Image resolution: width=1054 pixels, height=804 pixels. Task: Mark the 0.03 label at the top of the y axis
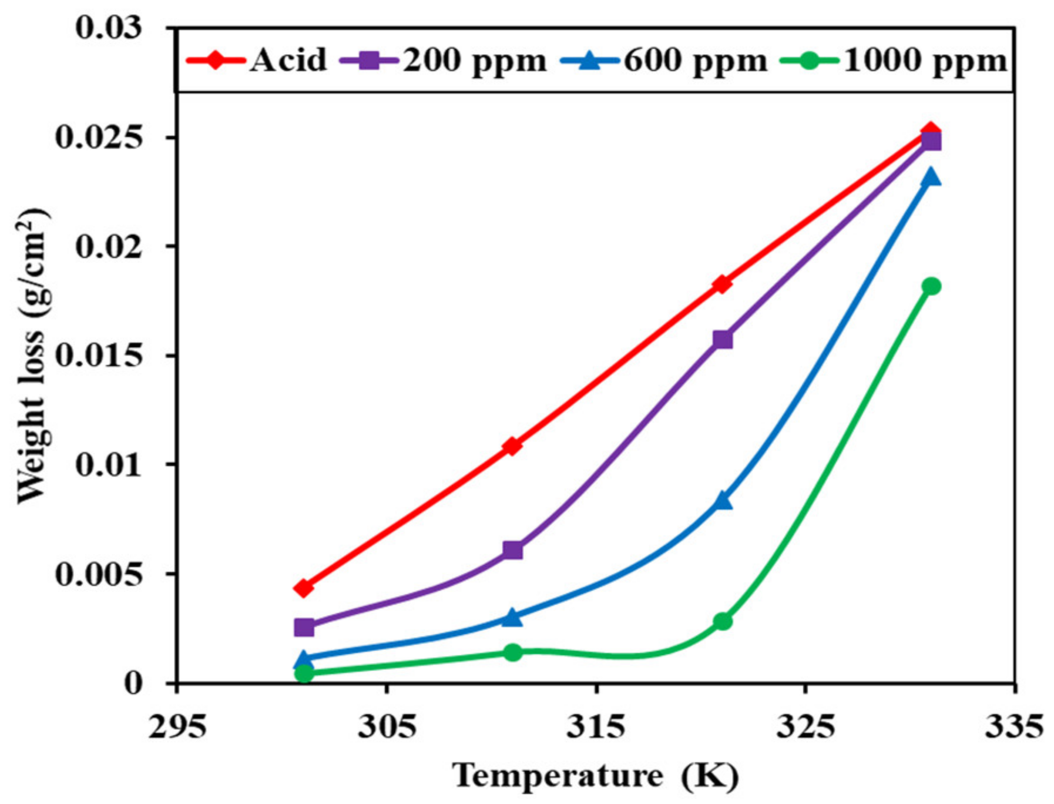tap(109, 28)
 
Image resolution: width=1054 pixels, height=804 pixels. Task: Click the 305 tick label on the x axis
tap(387, 726)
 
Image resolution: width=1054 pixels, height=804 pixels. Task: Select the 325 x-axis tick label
tap(805, 726)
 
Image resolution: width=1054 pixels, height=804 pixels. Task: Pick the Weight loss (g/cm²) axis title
tap(33, 356)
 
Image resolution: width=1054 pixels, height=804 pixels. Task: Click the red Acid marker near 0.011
tap(512, 446)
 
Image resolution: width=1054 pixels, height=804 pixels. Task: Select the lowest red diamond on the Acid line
tap(304, 587)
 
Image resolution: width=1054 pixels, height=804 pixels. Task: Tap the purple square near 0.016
tap(722, 340)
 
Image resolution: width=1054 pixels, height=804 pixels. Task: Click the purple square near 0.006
tap(512, 550)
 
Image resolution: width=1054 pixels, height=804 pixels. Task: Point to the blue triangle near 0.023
tap(931, 177)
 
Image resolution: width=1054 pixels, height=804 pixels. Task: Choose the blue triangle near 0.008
tap(723, 501)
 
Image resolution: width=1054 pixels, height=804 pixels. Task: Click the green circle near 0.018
tap(931, 286)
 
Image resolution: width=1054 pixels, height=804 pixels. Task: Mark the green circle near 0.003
tap(723, 621)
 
